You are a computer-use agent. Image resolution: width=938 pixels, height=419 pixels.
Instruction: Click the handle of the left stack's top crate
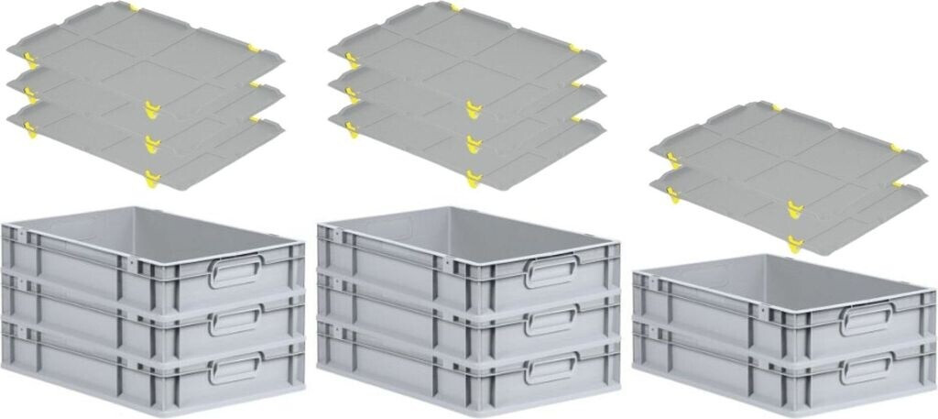(x=235, y=270)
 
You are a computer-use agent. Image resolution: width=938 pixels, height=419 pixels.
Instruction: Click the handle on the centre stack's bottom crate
(x=552, y=367)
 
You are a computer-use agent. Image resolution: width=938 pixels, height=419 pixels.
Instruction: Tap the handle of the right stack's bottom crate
(x=867, y=367)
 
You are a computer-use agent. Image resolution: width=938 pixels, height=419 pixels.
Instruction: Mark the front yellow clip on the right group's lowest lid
(x=794, y=244)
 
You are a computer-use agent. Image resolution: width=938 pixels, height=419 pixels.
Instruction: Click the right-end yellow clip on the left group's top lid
(x=254, y=49)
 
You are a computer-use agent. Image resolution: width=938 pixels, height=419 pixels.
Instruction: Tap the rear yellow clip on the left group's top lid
(x=134, y=8)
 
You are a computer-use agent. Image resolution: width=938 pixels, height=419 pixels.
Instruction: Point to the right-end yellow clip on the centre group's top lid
(x=575, y=48)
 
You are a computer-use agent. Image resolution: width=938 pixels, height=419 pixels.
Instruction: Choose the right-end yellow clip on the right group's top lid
(x=897, y=148)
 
